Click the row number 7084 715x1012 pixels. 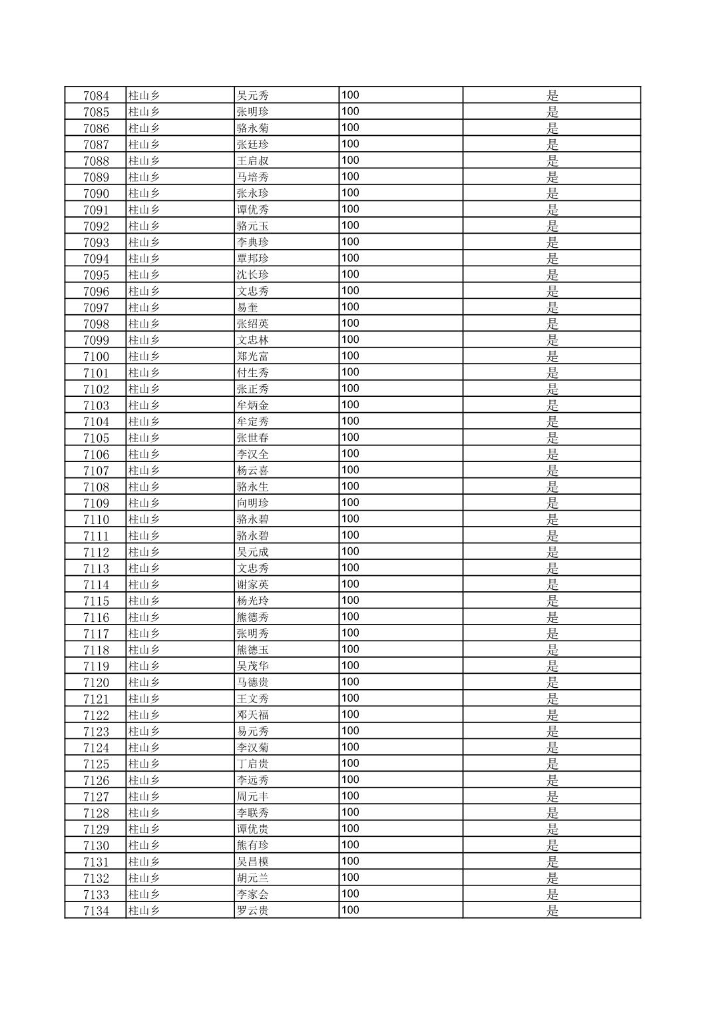point(96,95)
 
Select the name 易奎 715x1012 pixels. point(247,308)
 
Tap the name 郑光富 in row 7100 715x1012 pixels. point(252,356)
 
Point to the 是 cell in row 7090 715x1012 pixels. point(552,193)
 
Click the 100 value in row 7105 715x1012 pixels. point(350,437)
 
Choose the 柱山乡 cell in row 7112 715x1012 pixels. point(144,552)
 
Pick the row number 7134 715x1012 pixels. point(96,911)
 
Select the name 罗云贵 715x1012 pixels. point(252,911)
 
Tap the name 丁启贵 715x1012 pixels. point(252,764)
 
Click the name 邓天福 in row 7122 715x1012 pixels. point(252,715)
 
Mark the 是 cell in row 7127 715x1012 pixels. point(552,796)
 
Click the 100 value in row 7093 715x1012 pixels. point(350,242)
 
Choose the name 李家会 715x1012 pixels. point(252,894)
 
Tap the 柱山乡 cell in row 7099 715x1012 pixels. point(144,340)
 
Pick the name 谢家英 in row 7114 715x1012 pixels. point(252,585)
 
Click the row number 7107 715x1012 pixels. point(96,471)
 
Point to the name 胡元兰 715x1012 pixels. point(252,878)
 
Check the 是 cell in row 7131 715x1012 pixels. point(552,862)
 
